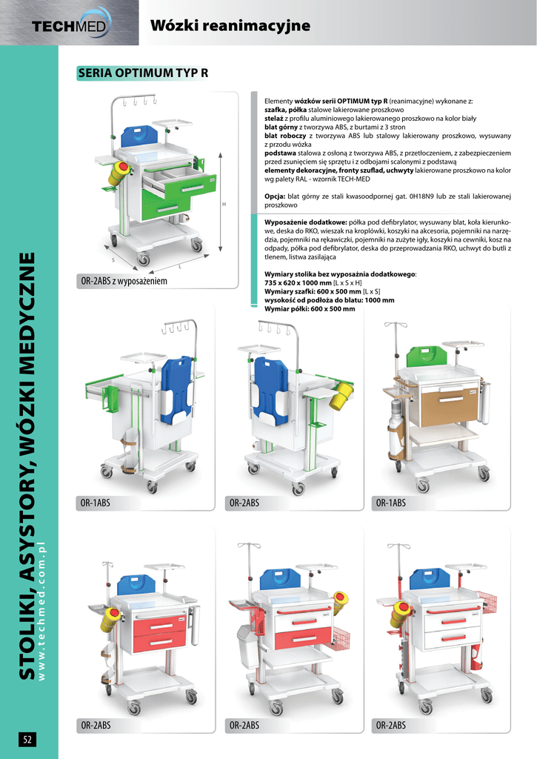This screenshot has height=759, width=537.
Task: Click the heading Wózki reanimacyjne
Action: [x=230, y=25]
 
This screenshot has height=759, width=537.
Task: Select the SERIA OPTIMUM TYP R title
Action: [x=143, y=73]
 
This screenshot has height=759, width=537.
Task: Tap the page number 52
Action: [x=27, y=739]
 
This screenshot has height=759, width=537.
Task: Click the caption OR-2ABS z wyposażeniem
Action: [x=124, y=281]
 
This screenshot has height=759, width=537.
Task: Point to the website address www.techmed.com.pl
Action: [x=41, y=611]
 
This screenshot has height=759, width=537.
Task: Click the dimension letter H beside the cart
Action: [x=224, y=205]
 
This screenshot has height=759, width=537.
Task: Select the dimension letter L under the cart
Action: [x=180, y=267]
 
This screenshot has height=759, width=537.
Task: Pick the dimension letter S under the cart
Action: [x=113, y=260]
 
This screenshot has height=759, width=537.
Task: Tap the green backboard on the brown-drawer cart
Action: [x=426, y=357]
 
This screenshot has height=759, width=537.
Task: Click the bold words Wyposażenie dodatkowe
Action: [x=305, y=222]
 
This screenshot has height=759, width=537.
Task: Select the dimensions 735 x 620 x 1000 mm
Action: [x=298, y=282]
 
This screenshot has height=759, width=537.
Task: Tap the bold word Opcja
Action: [x=274, y=196]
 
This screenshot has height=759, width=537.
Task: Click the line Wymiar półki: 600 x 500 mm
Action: [x=310, y=309]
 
